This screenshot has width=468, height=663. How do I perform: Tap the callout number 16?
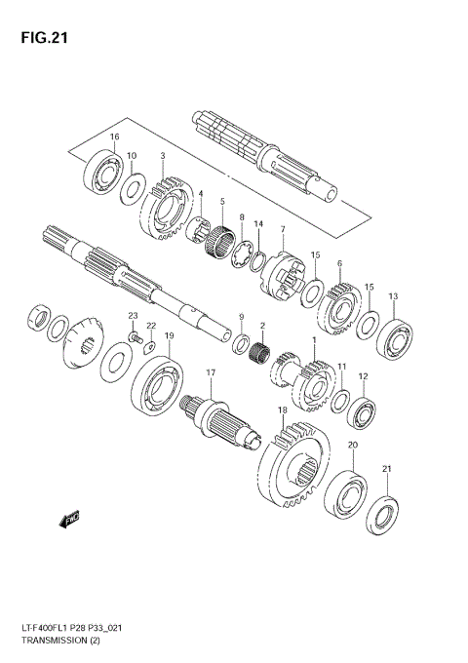point(114,137)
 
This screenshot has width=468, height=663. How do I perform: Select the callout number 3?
point(162,155)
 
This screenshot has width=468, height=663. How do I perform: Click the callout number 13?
point(393,296)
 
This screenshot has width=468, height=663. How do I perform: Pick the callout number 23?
point(133,316)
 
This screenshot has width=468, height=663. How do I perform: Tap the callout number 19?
point(169,336)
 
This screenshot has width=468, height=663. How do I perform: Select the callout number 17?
point(210,373)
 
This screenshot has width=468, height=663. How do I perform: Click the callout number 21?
point(386,470)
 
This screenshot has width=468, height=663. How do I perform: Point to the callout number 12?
point(363,376)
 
